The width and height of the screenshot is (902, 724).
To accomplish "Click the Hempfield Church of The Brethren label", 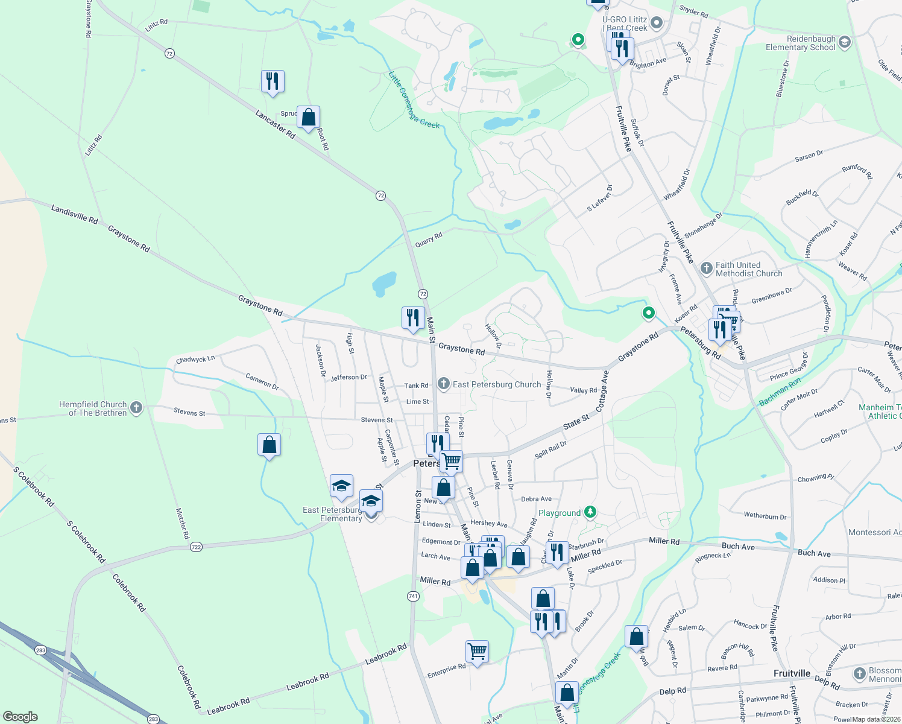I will click(x=93, y=409).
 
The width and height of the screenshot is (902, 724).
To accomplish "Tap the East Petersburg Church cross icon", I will click(x=444, y=384).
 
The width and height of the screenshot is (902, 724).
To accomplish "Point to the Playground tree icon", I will click(x=590, y=512).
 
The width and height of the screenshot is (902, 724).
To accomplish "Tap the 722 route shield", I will click(x=196, y=547).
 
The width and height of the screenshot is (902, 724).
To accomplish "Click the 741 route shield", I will click(x=413, y=596).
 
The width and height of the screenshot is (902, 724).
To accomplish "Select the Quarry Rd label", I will click(x=429, y=240).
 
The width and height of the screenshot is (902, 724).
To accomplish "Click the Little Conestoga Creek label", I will click(x=414, y=100).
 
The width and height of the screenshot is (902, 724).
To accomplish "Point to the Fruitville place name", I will click(x=792, y=673).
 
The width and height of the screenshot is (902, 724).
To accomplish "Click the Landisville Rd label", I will click(x=75, y=214).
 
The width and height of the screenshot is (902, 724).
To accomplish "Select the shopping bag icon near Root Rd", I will click(x=308, y=118).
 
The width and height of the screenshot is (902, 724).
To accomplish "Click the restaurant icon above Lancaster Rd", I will click(x=273, y=81).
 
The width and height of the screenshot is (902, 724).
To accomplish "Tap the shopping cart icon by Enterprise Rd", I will click(x=477, y=652).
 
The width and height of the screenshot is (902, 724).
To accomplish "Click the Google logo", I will click(x=20, y=717).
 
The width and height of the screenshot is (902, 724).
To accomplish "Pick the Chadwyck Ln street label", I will click(x=195, y=360).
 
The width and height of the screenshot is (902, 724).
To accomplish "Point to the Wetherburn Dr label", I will click(x=765, y=516).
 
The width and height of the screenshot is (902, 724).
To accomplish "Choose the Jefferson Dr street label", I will click(x=348, y=377).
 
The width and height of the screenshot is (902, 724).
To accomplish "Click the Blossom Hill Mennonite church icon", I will click(x=860, y=674).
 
